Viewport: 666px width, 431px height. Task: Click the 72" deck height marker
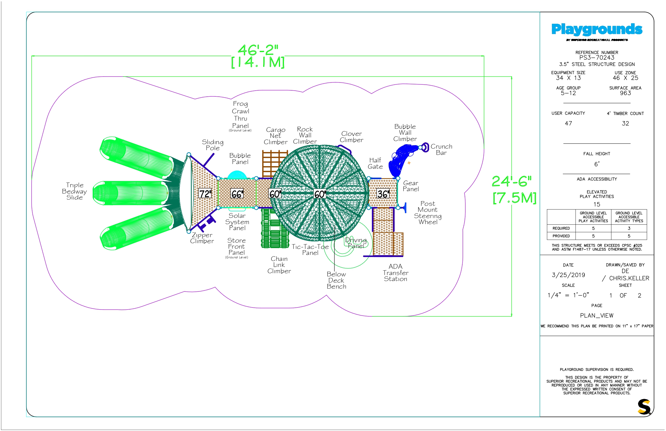pyautogui.click(x=205, y=194)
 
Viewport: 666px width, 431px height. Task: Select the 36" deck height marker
pyautogui.click(x=383, y=194)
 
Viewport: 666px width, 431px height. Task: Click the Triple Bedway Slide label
pyautogui.click(x=74, y=191)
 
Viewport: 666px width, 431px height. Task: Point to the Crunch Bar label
pyautogui.click(x=441, y=149)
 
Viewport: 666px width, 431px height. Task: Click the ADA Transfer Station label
pyautogui.click(x=395, y=273)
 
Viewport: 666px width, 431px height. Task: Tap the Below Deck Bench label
pyautogui.click(x=336, y=280)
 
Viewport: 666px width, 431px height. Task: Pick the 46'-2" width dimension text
pyautogui.click(x=258, y=50)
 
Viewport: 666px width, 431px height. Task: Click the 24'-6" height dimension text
pyautogui.click(x=512, y=181)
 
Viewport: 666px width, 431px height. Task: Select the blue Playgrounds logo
pyautogui.click(x=597, y=30)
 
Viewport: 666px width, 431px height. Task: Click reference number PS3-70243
pyautogui.click(x=597, y=58)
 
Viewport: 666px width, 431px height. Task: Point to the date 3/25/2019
pyautogui.click(x=568, y=275)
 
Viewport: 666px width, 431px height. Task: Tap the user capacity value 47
pyautogui.click(x=568, y=123)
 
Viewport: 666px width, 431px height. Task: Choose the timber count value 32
pyautogui.click(x=626, y=123)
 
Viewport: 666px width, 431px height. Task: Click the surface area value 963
pyautogui.click(x=626, y=93)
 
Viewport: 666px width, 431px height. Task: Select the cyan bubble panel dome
pyautogui.click(x=237, y=175)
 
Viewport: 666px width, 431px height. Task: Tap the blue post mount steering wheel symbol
pyautogui.click(x=404, y=208)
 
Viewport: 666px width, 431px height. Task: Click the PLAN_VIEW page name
pyautogui.click(x=597, y=316)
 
